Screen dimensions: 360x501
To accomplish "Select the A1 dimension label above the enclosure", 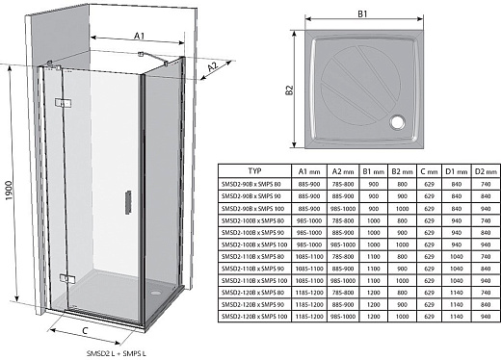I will click(x=140, y=36).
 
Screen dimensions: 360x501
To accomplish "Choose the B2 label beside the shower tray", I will click(x=287, y=90).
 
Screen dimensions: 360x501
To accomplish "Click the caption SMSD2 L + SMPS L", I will click(x=114, y=353).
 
